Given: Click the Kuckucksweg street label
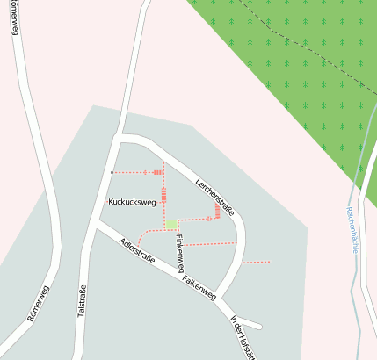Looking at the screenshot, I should (x=132, y=202).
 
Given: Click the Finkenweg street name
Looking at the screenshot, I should (x=179, y=253).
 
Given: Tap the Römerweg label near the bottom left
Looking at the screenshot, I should (x=38, y=302).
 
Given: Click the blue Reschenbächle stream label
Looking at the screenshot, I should (x=352, y=229).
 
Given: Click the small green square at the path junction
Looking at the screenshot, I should (x=170, y=225).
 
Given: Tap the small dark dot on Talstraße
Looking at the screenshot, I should (x=112, y=172).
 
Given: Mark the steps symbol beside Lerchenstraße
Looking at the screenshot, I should (x=217, y=212).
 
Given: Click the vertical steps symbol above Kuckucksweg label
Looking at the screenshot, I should (x=163, y=194).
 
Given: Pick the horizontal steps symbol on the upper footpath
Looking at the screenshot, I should (x=158, y=172).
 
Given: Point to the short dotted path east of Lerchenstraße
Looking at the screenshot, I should (x=257, y=262).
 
